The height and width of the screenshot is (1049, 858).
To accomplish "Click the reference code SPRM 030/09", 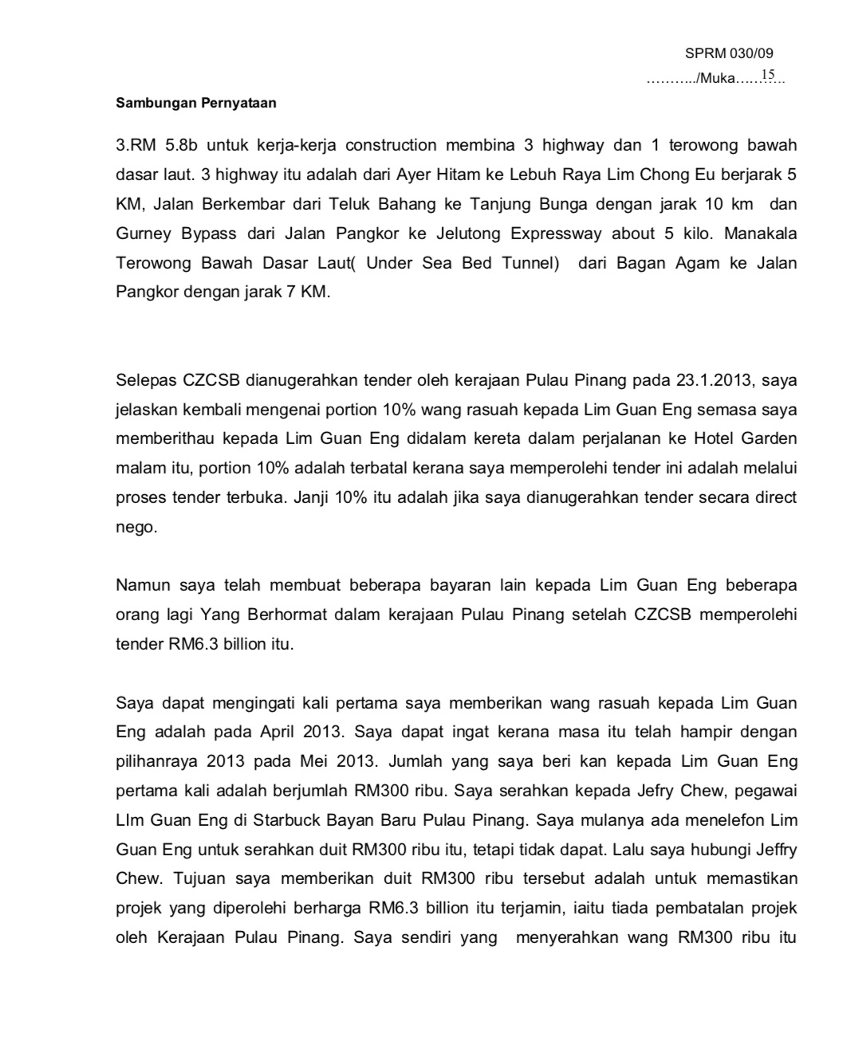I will [729, 53].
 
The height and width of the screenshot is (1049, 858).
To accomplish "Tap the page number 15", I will [768, 75].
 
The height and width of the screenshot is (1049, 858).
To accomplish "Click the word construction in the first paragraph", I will [391, 145].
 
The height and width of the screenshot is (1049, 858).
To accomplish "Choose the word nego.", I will [136, 528].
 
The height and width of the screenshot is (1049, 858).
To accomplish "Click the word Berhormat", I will [282, 615].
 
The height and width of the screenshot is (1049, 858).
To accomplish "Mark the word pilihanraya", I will [157, 761].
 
